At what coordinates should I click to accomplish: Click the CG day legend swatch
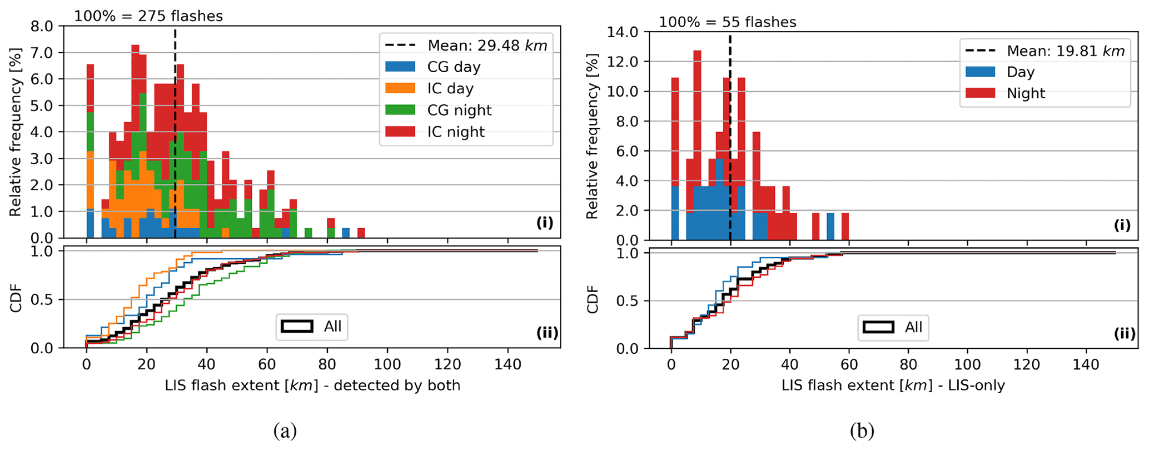(x=400, y=67)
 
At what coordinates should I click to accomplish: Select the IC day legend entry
(x=450, y=88)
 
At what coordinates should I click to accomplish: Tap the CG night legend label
(x=459, y=110)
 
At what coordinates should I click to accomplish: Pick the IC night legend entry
(x=456, y=132)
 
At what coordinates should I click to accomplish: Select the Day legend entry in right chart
(x=1021, y=72)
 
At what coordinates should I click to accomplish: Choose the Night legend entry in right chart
(x=1026, y=93)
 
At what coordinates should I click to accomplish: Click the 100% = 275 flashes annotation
(x=148, y=16)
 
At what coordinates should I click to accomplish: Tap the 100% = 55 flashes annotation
(x=728, y=22)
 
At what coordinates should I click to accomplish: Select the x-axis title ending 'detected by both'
(x=312, y=385)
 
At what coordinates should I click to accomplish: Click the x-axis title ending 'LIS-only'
(x=893, y=385)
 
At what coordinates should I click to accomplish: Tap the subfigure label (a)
(x=285, y=430)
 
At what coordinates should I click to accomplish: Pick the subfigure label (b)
(x=862, y=430)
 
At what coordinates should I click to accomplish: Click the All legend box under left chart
(x=312, y=327)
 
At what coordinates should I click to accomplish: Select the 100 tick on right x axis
(x=967, y=364)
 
